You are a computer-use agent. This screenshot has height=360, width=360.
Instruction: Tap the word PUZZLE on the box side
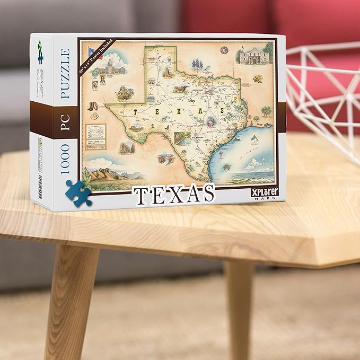65,73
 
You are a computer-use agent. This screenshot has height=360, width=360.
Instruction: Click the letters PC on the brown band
65,121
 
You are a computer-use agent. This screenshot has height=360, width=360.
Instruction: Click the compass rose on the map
224,51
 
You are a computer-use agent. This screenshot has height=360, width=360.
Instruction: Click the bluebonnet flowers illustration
197,65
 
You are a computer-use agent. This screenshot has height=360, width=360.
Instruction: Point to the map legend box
96,137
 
